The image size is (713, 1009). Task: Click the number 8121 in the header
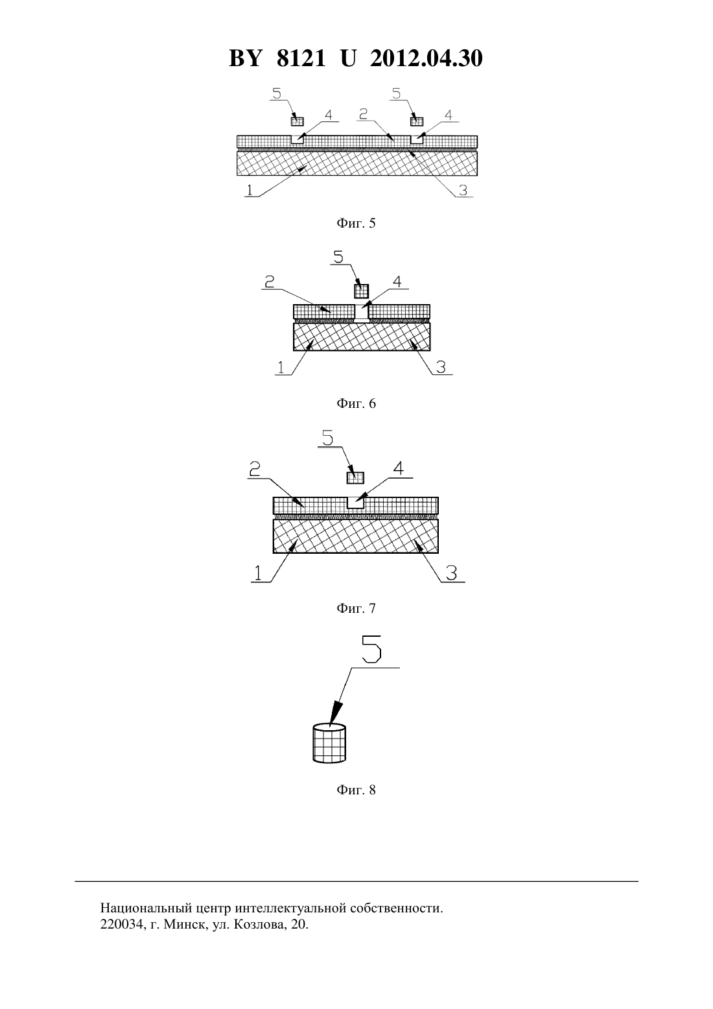301,58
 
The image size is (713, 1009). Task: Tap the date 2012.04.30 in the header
427,58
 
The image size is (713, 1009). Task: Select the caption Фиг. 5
356,223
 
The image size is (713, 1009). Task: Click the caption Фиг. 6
356,403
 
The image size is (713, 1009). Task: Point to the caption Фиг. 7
356,608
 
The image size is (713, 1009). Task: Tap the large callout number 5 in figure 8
372,649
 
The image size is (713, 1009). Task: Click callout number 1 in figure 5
250,190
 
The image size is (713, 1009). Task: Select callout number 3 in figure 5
463,191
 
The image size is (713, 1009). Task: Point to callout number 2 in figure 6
270,282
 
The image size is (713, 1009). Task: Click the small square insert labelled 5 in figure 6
362,291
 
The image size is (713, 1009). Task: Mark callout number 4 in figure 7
399,468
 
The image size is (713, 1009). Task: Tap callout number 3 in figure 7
452,573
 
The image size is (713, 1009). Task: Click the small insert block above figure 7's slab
355,478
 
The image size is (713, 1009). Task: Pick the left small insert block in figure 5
297,122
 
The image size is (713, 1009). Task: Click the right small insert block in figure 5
417,122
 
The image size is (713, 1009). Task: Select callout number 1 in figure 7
258,573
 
